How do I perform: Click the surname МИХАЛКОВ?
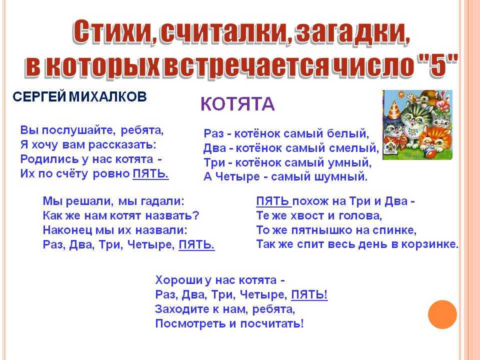[x=107, y=96]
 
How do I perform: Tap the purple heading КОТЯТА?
[x=237, y=104]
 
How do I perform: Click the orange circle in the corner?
[x=442, y=314]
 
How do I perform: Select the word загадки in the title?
[x=348, y=32]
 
